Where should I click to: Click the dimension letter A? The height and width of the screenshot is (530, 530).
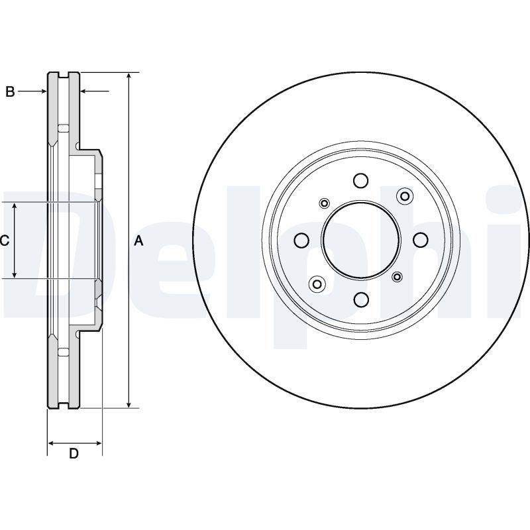[139, 241]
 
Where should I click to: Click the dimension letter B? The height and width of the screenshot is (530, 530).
[10, 91]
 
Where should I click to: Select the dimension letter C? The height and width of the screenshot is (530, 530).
[5, 240]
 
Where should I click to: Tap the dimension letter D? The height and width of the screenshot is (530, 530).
[74, 453]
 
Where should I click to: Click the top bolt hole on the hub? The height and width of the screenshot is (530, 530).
[360, 180]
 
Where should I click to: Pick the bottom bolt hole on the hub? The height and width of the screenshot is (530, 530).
[361, 299]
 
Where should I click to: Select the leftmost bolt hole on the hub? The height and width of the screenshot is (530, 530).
[301, 240]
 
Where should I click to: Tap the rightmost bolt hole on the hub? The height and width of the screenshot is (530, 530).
[421, 240]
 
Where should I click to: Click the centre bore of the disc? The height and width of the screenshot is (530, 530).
[361, 240]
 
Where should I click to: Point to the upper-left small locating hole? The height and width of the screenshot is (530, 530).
[325, 203]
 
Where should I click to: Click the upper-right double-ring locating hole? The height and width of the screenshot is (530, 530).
[405, 195]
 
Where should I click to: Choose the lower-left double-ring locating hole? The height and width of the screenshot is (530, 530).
[317, 284]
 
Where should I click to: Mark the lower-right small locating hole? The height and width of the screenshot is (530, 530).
[397, 277]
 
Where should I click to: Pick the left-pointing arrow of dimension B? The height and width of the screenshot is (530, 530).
[95, 91]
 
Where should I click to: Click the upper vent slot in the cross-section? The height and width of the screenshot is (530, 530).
[64, 129]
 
